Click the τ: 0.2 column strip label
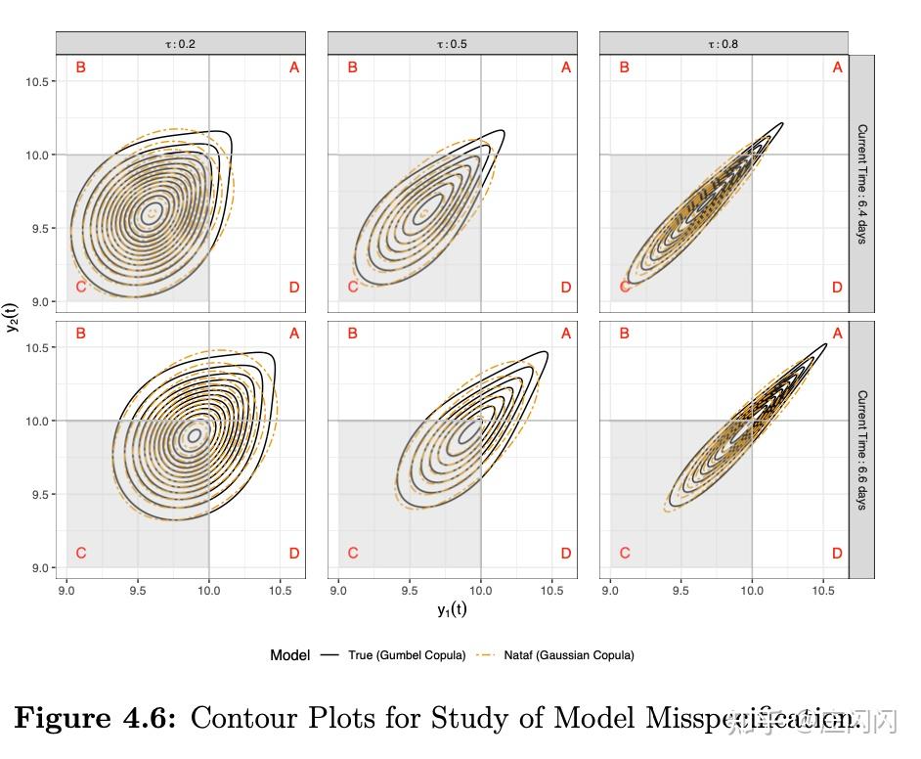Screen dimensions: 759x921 click(x=181, y=43)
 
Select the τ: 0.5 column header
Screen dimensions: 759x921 click(x=452, y=43)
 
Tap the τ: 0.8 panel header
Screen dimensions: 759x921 click(x=724, y=43)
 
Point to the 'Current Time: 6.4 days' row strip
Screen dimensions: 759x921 click(x=861, y=184)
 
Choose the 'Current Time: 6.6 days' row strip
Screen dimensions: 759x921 click(x=861, y=450)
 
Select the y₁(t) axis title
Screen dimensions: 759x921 click(x=452, y=609)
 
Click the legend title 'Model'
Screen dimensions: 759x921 click(x=289, y=655)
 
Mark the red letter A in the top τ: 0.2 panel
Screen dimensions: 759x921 click(x=293, y=67)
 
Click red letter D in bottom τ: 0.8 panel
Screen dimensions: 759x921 click(x=837, y=554)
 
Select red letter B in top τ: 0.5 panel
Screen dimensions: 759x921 click(x=353, y=67)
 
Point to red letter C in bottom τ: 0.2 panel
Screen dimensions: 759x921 click(x=81, y=554)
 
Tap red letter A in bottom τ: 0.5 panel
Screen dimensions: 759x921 click(x=565, y=334)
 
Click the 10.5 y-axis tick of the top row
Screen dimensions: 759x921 click(x=39, y=81)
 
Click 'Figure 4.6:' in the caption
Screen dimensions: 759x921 click(x=96, y=719)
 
